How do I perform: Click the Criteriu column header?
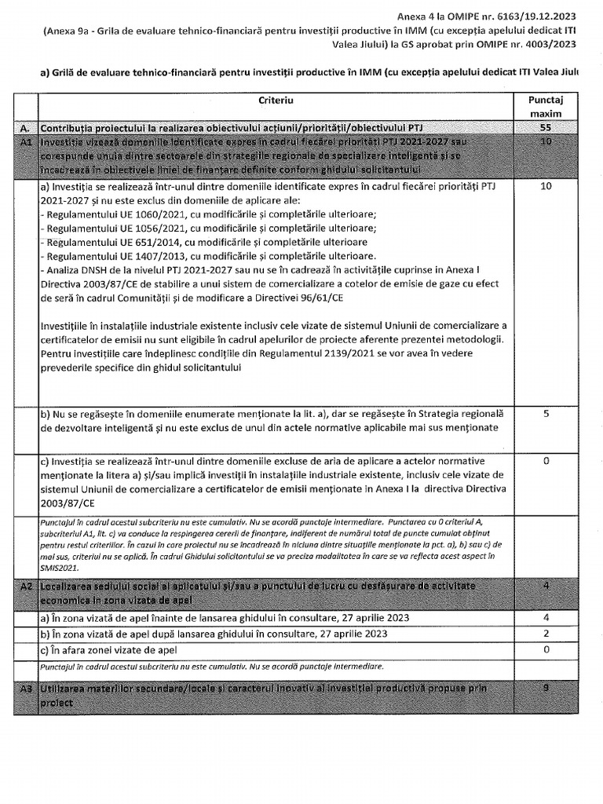click(275, 101)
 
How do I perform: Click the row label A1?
click(27, 142)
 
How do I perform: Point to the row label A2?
click(27, 587)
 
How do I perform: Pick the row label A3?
click(27, 688)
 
